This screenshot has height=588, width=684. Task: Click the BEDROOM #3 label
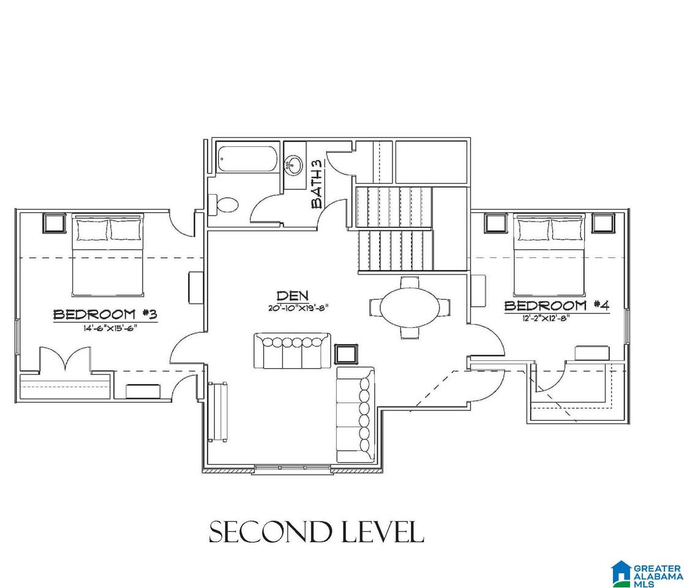click(105, 314)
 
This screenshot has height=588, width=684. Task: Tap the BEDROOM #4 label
click(557, 306)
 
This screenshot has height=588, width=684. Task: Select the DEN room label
click(292, 296)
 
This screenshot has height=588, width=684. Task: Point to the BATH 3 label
click(318, 183)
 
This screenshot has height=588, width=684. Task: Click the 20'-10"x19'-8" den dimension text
click(298, 307)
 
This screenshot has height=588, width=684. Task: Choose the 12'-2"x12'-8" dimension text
click(546, 318)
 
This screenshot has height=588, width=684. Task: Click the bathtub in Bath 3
click(247, 159)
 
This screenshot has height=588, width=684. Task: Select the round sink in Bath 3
click(294, 165)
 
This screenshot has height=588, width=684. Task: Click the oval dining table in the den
click(410, 307)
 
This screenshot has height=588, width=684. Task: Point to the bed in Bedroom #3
click(108, 255)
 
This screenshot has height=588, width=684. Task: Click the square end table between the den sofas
click(346, 354)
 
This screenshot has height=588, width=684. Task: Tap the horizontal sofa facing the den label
click(292, 351)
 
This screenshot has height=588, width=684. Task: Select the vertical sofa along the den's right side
click(356, 415)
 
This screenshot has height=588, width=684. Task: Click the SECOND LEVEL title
click(317, 532)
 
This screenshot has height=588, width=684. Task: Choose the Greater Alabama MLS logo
click(647, 573)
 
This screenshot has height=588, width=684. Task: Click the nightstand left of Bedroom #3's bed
click(53, 224)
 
